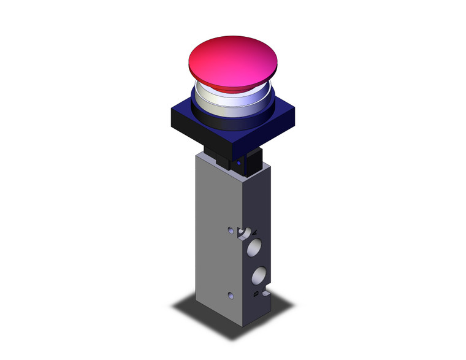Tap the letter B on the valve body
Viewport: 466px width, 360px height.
pyautogui.click(x=255, y=296)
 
